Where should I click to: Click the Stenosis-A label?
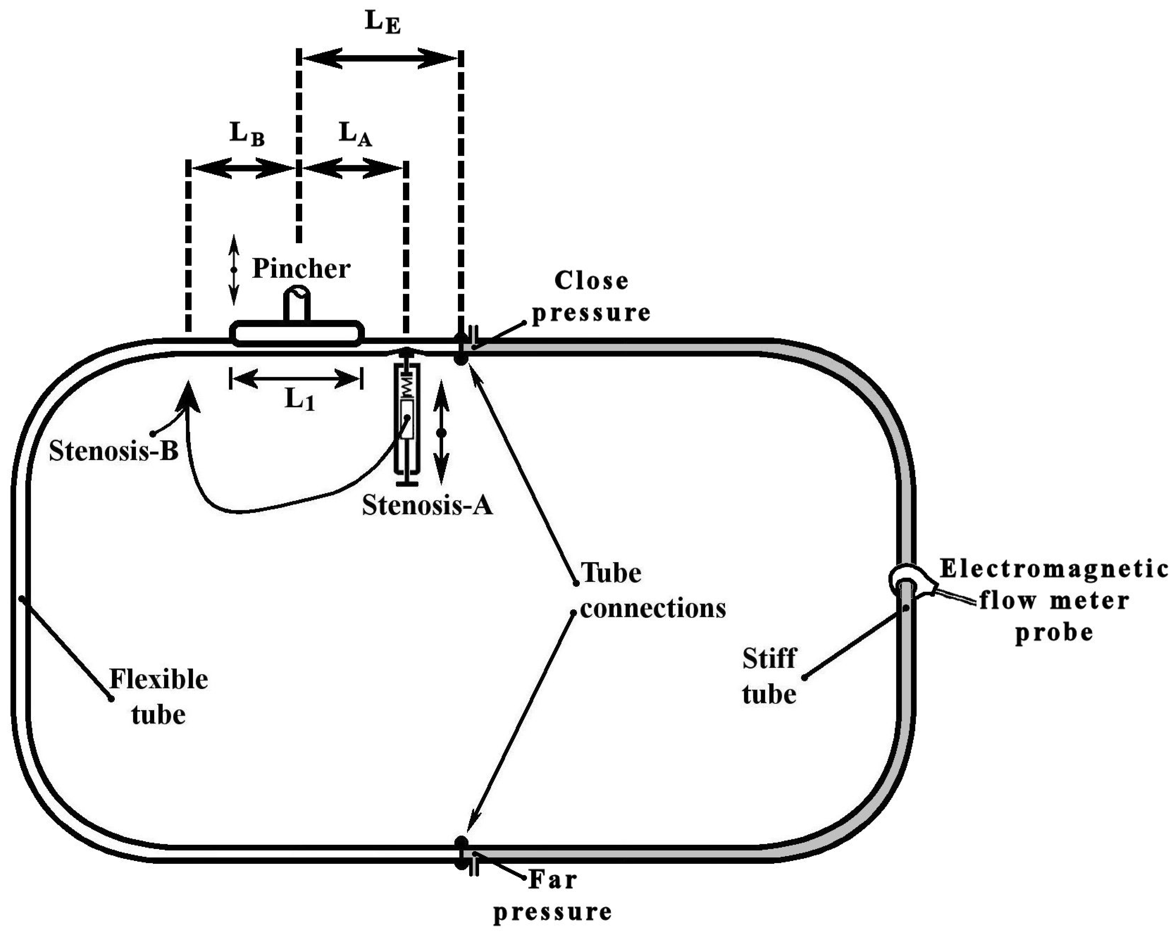(427, 505)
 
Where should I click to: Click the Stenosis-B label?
(113, 451)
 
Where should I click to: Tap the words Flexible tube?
(158, 696)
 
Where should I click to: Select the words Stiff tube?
(769, 676)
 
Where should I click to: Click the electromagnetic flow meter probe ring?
(907, 581)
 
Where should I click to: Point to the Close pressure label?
(591, 297)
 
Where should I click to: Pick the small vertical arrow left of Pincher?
(234, 270)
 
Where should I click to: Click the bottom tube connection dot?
(461, 842)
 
